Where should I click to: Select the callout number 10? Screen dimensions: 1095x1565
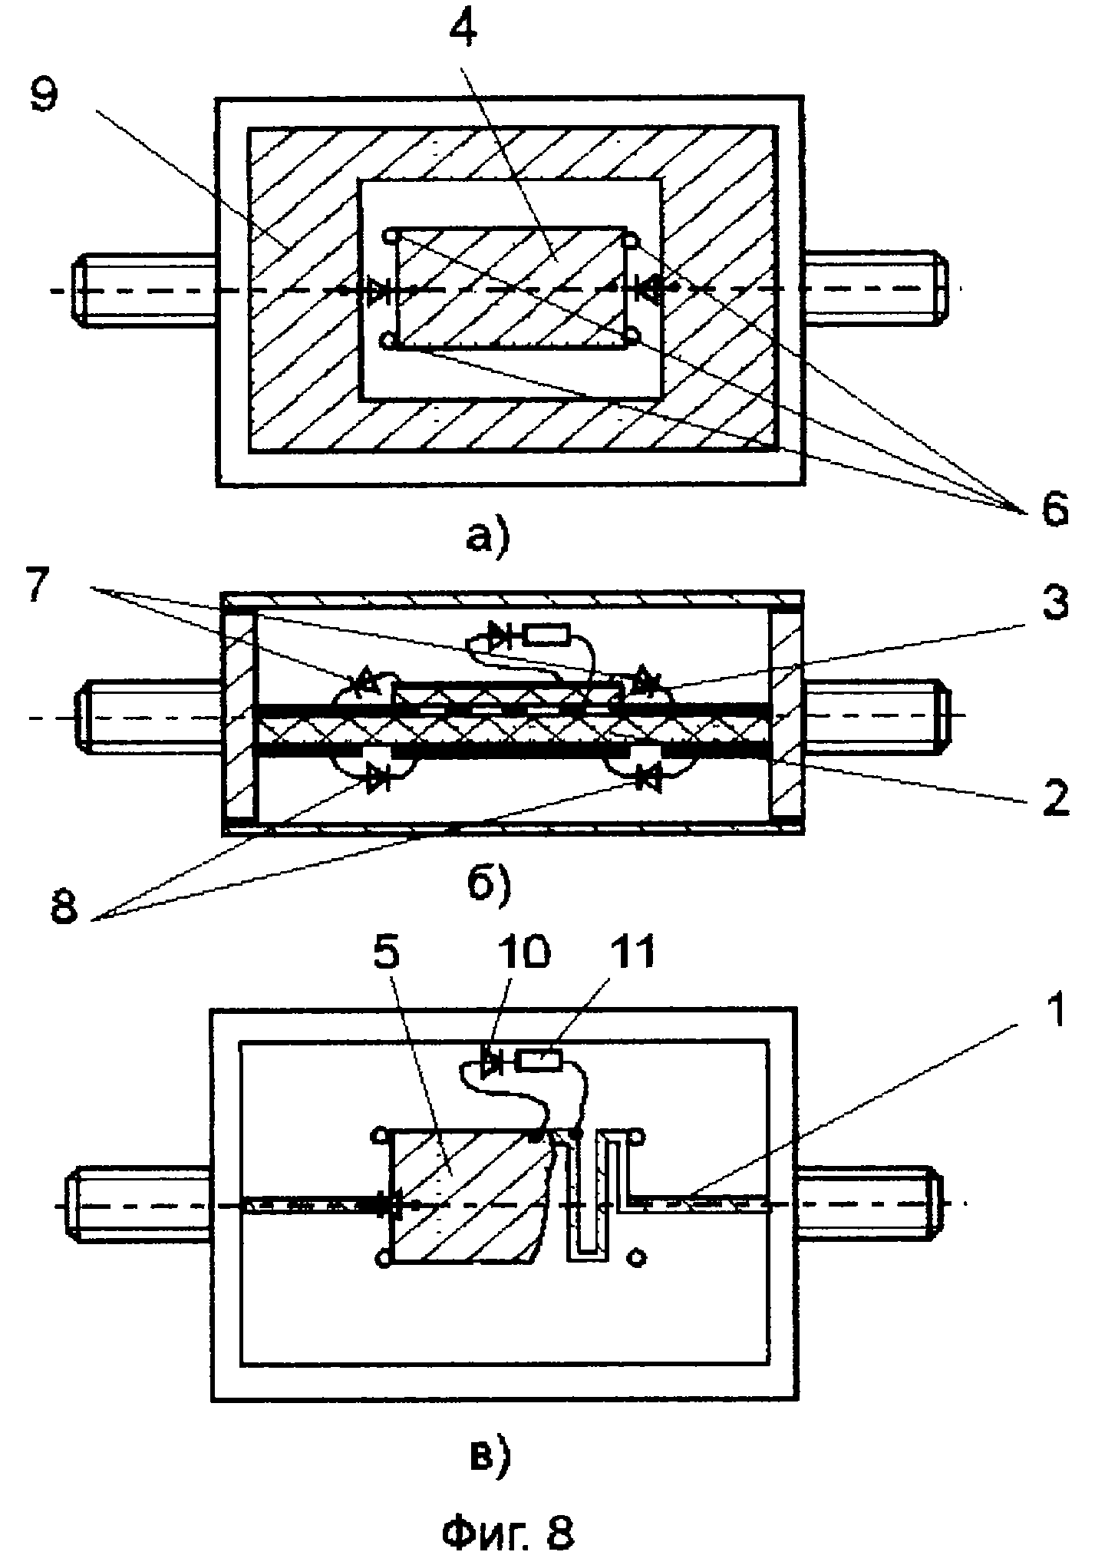tap(523, 954)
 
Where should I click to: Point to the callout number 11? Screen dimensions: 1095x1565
tap(628, 954)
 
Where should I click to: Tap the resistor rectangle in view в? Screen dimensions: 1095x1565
tap(539, 1061)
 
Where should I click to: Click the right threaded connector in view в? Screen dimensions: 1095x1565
tap(870, 1203)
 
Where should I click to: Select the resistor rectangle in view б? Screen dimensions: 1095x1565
tap(546, 635)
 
